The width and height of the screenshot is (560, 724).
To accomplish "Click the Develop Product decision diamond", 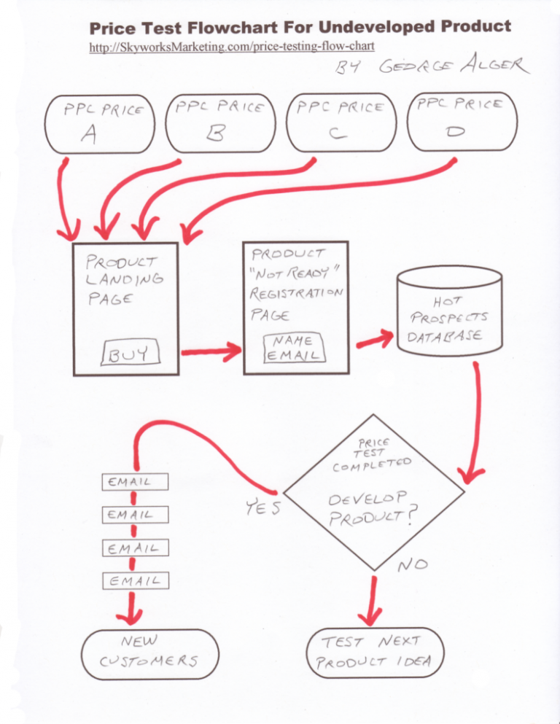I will click(374, 498).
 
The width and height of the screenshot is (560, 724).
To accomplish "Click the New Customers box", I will click(149, 652).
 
